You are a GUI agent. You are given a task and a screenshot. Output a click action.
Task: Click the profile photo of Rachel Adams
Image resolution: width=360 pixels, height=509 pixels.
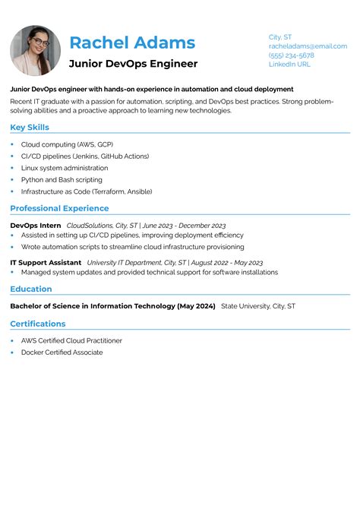pyautogui.click(x=35, y=51)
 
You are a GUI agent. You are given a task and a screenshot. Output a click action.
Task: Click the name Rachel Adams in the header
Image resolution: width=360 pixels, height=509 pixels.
pyautogui.click(x=132, y=43)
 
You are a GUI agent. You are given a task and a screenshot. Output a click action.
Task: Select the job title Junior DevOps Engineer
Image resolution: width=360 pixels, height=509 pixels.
pyautogui.click(x=133, y=64)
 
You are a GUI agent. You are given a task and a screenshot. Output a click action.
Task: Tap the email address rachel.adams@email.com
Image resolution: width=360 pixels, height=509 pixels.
pyautogui.click(x=308, y=46)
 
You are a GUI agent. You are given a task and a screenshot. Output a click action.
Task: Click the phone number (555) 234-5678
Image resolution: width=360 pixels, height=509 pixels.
pyautogui.click(x=291, y=55)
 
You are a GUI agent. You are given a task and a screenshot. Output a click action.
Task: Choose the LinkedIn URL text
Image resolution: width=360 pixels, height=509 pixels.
pyautogui.click(x=289, y=65)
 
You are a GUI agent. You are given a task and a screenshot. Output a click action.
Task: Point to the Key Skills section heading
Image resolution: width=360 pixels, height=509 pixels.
pyautogui.click(x=30, y=128)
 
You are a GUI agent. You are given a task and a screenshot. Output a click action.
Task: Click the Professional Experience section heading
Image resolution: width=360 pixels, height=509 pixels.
pyautogui.click(x=59, y=208)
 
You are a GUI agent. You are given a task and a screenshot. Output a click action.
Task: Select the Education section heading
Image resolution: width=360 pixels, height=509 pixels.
pyautogui.click(x=31, y=289)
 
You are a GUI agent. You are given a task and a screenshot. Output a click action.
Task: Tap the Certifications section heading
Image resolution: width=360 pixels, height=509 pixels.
pyautogui.click(x=38, y=324)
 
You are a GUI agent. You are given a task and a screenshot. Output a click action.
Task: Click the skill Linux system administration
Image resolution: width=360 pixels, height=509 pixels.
pyautogui.click(x=65, y=168)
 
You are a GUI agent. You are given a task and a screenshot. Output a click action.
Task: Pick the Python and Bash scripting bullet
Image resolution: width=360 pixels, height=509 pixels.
pyautogui.click(x=62, y=180)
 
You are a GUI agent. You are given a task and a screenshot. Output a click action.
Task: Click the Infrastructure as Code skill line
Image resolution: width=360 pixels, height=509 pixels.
pyautogui.click(x=87, y=191)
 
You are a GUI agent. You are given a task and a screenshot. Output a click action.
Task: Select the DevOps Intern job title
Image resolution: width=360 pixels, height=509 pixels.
pyautogui.click(x=36, y=226)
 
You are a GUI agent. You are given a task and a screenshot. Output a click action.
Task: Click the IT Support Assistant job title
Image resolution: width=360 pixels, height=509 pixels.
pyautogui.click(x=46, y=262)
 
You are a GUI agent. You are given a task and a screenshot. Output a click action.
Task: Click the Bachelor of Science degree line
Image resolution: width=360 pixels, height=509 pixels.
pyautogui.click(x=112, y=306)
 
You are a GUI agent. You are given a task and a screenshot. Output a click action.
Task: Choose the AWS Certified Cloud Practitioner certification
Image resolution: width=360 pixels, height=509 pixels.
pyautogui.click(x=71, y=341)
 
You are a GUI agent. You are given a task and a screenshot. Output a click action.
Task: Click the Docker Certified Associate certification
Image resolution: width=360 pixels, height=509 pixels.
pyautogui.click(x=62, y=353)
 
